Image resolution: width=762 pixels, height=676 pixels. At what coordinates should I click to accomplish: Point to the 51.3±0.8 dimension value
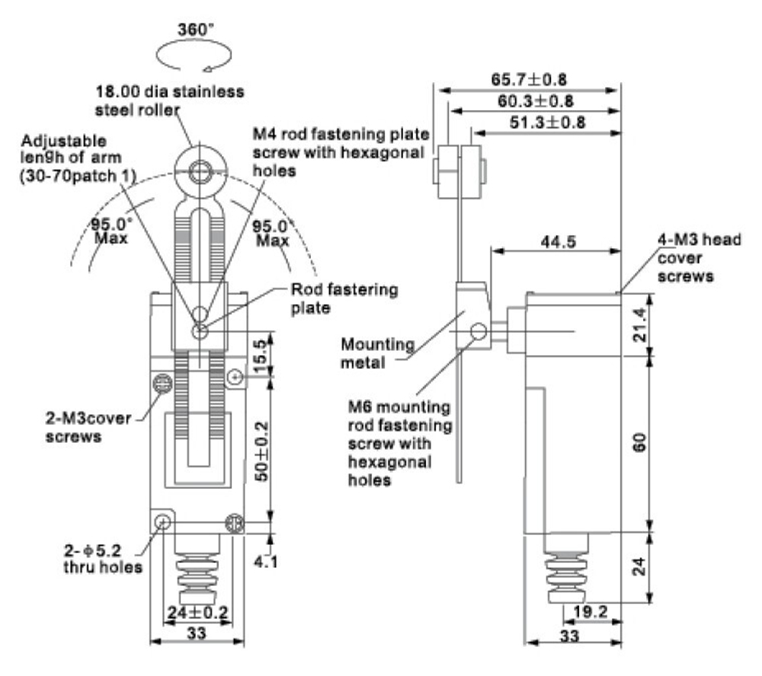pyautogui.click(x=547, y=122)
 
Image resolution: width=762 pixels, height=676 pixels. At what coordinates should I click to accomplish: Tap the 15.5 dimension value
pyautogui.click(x=261, y=352)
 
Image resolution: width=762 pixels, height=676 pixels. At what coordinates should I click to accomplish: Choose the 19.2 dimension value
pyautogui.click(x=591, y=611)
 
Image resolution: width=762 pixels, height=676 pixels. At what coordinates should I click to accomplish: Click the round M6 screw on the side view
pyautogui.click(x=479, y=332)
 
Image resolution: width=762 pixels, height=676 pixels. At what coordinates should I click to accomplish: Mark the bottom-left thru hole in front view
pyautogui.click(x=162, y=522)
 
